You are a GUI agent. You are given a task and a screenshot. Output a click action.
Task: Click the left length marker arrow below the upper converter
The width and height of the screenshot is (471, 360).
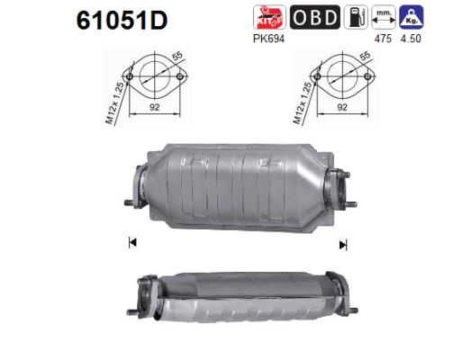pos(132,242)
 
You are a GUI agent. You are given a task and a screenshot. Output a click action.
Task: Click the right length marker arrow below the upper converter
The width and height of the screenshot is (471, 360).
pos(342,243)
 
